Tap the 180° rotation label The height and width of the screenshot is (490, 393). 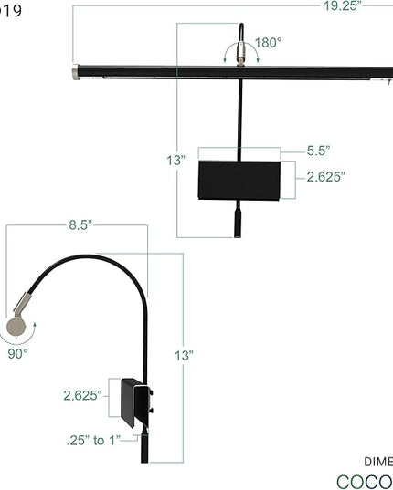(x=268, y=42)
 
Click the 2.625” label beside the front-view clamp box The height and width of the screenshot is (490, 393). (x=324, y=177)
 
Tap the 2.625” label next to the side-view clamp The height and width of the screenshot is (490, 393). (x=81, y=395)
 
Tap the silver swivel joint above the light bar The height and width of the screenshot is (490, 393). (x=240, y=59)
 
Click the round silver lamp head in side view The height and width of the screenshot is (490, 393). (x=17, y=326)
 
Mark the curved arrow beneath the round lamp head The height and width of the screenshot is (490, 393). (x=17, y=339)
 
